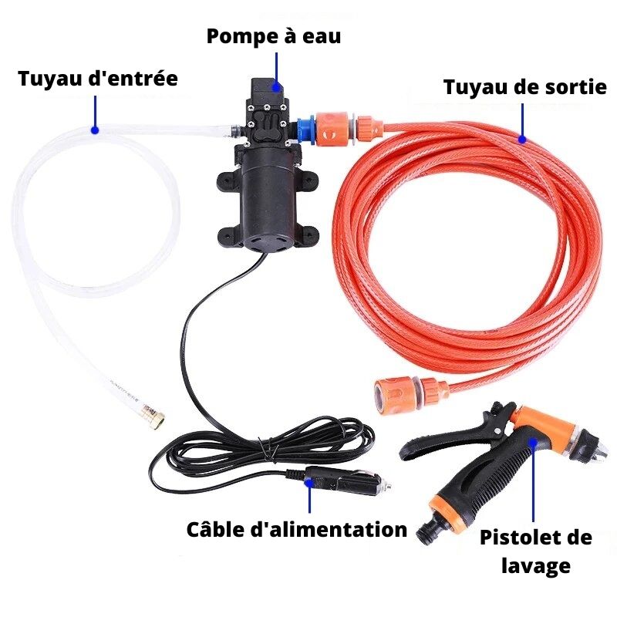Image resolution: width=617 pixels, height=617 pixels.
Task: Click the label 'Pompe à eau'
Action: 274,36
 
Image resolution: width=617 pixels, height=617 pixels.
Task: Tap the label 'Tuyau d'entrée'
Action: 98,79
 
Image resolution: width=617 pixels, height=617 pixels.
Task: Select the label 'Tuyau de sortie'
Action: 525,87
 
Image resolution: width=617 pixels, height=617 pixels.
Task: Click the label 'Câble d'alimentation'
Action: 297,529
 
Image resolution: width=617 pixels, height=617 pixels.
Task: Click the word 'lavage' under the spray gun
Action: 536,566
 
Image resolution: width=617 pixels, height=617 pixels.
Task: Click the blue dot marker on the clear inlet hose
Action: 95,130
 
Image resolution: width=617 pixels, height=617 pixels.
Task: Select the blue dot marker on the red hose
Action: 522,139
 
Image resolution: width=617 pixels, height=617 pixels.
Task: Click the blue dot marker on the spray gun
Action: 533,442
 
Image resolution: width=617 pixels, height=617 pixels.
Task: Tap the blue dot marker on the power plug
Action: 309,481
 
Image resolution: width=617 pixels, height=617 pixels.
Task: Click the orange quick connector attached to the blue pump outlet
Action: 330,129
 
